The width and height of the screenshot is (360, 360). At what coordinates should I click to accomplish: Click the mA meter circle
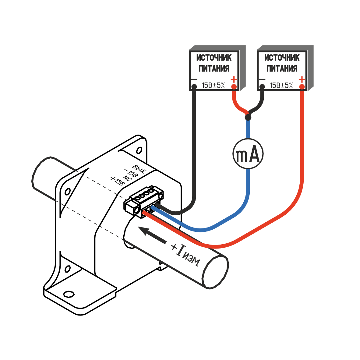click(x=248, y=154)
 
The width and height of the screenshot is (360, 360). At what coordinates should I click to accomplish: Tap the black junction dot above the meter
click(x=248, y=117)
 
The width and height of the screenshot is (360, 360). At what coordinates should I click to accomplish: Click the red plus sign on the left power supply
click(x=234, y=80)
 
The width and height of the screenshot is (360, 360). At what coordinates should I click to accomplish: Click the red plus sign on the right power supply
click(x=302, y=80)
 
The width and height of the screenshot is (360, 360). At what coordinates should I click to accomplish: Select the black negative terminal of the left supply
click(x=194, y=87)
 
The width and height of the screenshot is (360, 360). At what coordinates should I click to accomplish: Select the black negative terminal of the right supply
click(x=262, y=87)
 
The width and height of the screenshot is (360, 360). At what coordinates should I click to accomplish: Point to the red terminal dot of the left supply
click(x=234, y=87)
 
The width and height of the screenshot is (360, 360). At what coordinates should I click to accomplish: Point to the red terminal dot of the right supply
click(x=302, y=87)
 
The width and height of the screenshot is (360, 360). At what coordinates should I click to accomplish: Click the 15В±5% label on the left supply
click(x=213, y=86)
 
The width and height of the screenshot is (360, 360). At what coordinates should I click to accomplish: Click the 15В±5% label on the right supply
click(x=281, y=86)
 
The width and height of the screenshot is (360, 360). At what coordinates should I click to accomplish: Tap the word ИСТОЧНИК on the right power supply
click(x=282, y=58)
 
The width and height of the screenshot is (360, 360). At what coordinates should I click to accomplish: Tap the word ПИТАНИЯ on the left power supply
click(x=214, y=69)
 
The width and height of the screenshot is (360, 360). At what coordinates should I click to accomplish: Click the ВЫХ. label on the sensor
click(x=139, y=168)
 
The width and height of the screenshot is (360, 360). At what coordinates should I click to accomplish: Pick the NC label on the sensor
click(x=126, y=178)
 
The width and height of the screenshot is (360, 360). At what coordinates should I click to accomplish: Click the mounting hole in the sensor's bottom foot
click(x=69, y=294)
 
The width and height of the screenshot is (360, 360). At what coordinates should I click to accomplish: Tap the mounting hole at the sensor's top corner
click(x=139, y=150)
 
